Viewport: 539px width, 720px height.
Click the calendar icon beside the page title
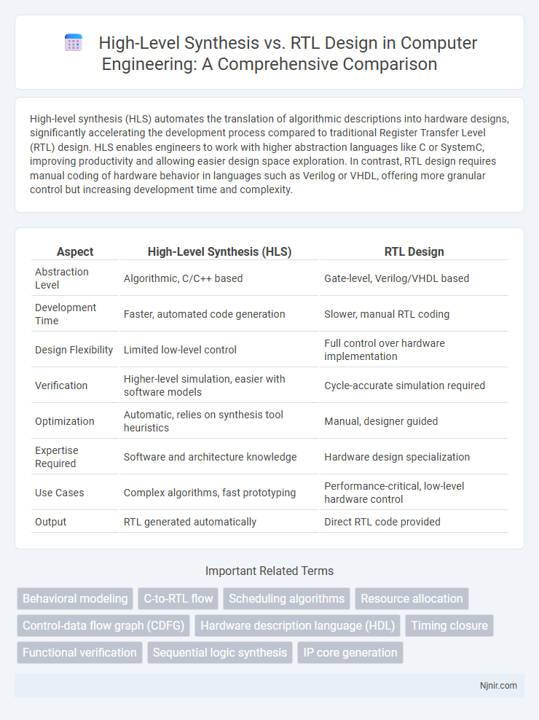click(x=74, y=43)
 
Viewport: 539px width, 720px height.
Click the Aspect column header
click(x=75, y=251)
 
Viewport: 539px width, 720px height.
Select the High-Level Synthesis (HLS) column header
click(x=219, y=251)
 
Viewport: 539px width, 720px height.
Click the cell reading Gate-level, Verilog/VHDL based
click(x=396, y=278)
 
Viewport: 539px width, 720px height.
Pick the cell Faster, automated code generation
click(x=204, y=314)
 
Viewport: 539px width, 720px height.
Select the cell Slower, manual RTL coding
click(x=386, y=314)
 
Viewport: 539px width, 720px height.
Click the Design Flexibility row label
click(x=74, y=350)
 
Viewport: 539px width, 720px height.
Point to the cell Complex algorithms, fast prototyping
click(x=209, y=493)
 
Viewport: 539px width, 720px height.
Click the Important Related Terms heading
click(x=269, y=571)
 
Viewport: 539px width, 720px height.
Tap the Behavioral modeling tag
click(x=75, y=598)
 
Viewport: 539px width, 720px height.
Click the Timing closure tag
click(x=449, y=625)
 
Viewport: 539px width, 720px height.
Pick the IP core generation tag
click(x=350, y=652)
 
